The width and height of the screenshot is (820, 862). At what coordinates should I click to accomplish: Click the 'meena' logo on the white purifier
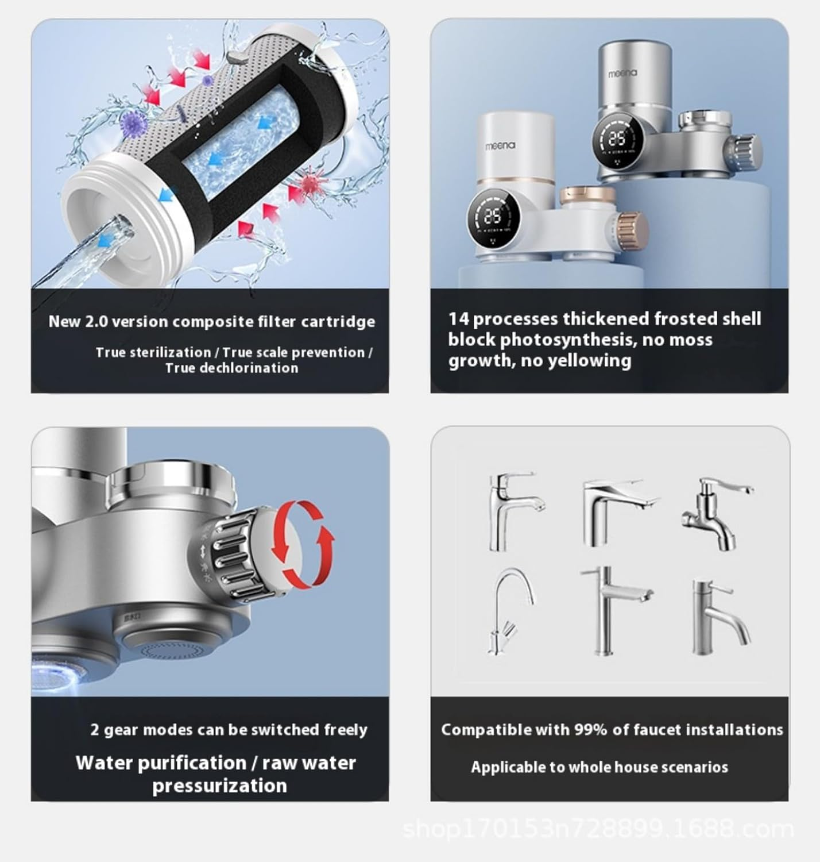click(x=500, y=145)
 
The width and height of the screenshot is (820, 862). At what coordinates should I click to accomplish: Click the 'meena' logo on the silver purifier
click(x=622, y=74)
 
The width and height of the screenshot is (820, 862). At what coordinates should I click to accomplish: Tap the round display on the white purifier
click(x=493, y=216)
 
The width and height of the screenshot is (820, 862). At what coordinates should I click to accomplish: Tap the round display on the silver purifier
click(x=618, y=140)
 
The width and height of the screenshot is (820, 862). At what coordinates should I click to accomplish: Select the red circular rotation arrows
click(x=303, y=544)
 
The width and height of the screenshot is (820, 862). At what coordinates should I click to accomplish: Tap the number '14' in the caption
click(x=458, y=319)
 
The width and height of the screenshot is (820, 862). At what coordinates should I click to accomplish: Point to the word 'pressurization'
click(x=219, y=786)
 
